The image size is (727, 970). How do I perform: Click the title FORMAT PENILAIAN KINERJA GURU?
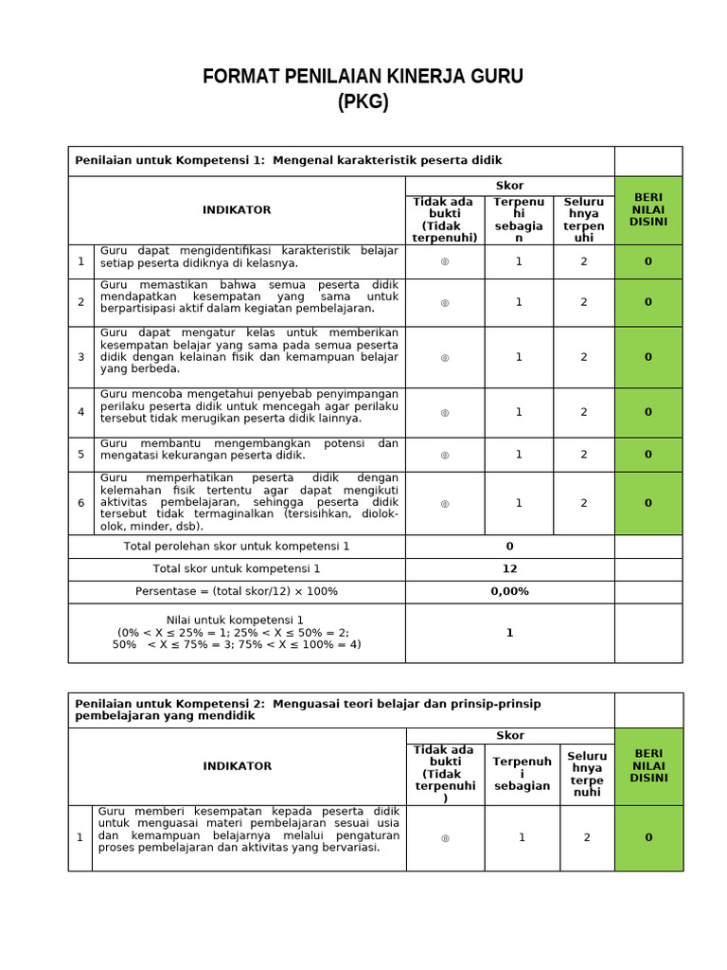pyautogui.click(x=363, y=77)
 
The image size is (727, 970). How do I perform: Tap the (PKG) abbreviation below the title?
pyautogui.click(x=363, y=102)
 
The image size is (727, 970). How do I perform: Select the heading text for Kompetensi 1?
pyautogui.click(x=289, y=160)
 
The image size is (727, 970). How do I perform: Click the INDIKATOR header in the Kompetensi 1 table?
pyautogui.click(x=237, y=209)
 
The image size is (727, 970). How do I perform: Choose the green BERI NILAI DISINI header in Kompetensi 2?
pyautogui.click(x=648, y=765)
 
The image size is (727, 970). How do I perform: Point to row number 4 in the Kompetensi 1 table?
pyautogui.click(x=81, y=412)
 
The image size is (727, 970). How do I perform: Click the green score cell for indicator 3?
pyautogui.click(x=648, y=357)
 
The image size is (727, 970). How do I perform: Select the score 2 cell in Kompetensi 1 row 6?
pyautogui.click(x=584, y=503)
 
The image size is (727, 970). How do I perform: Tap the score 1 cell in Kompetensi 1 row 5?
pyautogui.click(x=519, y=455)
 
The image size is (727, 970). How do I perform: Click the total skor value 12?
pyautogui.click(x=509, y=568)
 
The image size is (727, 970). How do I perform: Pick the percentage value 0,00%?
pyautogui.click(x=509, y=591)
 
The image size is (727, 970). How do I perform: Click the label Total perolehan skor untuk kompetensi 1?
pyautogui.click(x=237, y=546)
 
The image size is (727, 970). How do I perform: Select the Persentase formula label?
pyautogui.click(x=237, y=591)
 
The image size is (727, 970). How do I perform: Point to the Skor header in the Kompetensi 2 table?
pyautogui.click(x=509, y=735)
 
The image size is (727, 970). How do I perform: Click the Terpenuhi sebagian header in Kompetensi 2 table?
pyautogui.click(x=522, y=773)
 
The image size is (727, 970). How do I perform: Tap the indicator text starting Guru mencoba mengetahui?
pyautogui.click(x=249, y=405)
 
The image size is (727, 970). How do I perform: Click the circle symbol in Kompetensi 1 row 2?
pyautogui.click(x=445, y=302)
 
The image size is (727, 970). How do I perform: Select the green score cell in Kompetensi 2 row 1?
pyautogui.click(x=648, y=837)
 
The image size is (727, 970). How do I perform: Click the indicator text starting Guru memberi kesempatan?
pyautogui.click(x=249, y=830)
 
